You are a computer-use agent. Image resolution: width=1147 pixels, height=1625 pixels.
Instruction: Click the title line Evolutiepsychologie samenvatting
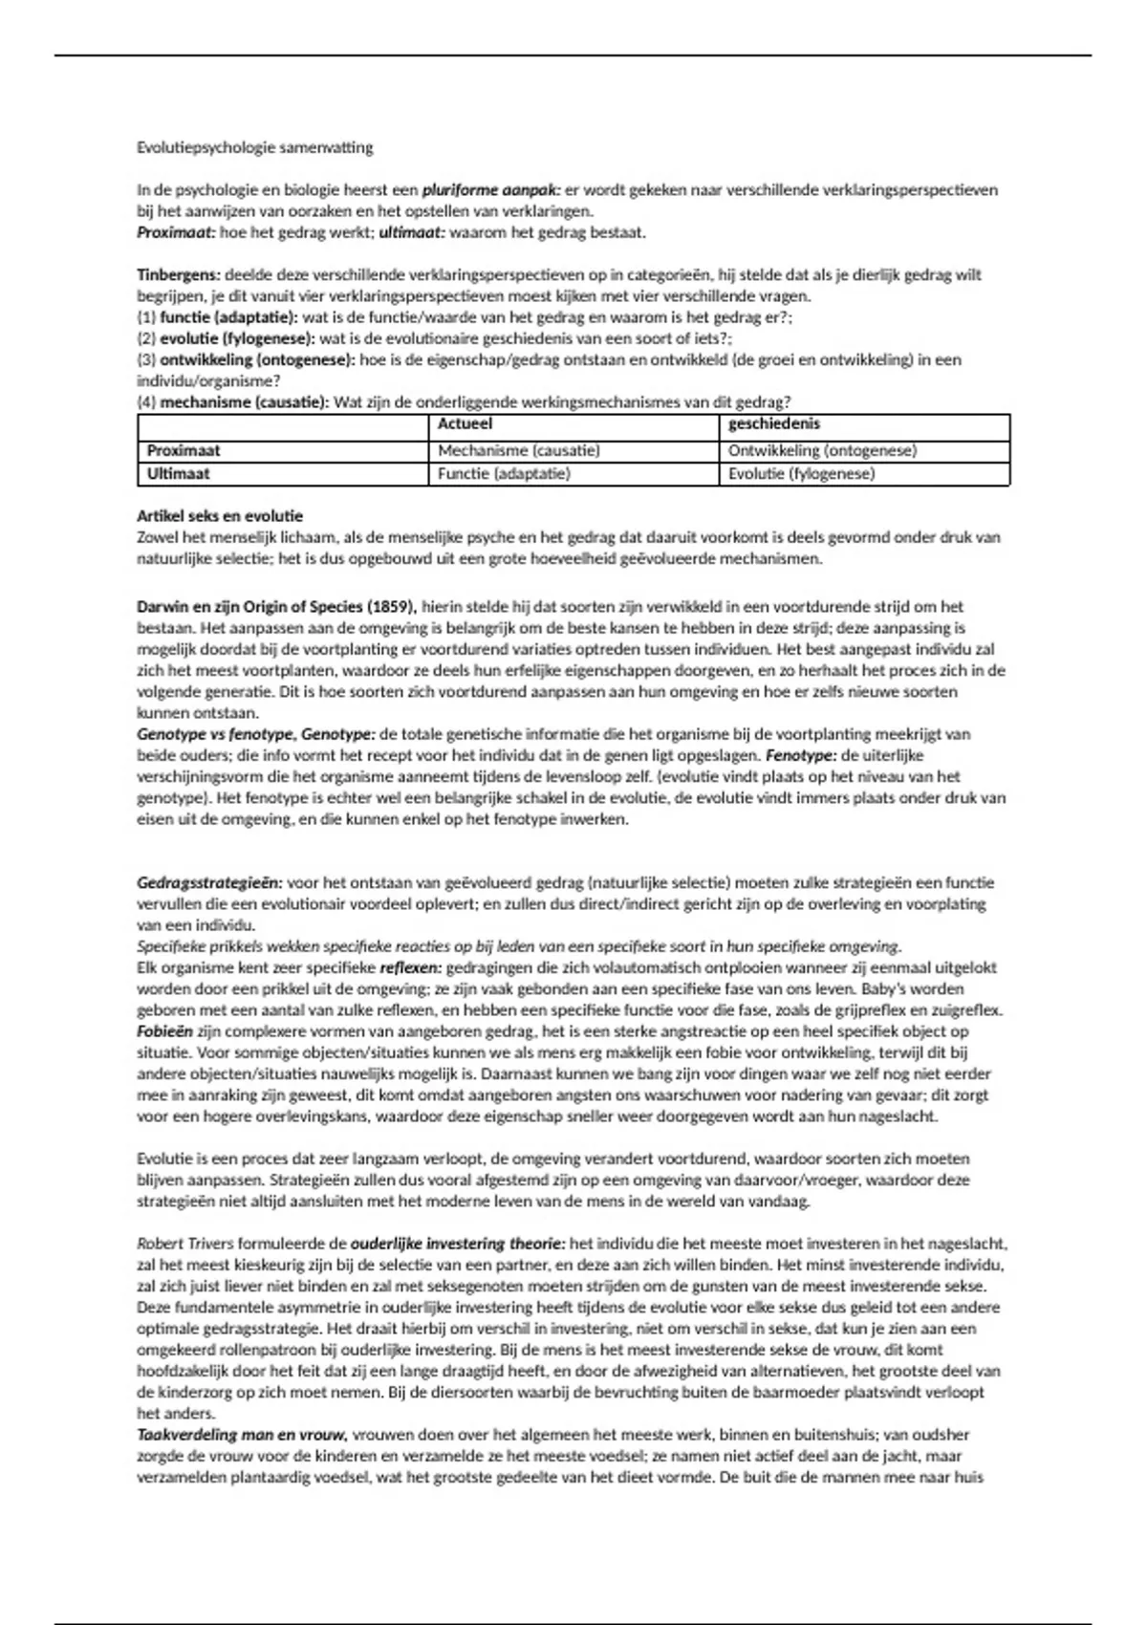pos(254,148)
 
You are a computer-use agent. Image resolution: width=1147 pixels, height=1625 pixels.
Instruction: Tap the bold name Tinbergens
pos(179,275)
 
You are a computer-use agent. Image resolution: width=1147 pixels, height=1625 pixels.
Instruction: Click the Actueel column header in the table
pos(465,424)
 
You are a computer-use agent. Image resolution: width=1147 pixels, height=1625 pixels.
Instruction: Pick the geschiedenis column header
pos(774,424)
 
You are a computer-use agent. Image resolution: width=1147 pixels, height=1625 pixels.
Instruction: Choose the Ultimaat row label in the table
pos(179,474)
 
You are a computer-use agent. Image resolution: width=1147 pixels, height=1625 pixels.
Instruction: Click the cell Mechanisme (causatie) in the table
pos(519,450)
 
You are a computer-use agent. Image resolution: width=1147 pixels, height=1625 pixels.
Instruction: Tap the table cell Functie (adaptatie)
pos(504,474)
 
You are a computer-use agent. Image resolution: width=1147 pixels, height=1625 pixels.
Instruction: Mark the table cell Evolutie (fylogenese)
pos(801,474)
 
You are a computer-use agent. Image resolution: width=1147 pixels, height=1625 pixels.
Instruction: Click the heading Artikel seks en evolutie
pos(220,516)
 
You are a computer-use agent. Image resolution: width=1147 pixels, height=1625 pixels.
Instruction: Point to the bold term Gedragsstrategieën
pos(209,883)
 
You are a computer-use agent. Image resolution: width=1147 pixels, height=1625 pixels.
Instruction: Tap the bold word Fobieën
pos(164,1031)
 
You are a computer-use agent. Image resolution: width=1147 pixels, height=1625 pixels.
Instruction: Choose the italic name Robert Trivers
pos(185,1245)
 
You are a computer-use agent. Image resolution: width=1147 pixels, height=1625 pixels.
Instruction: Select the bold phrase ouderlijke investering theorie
pos(458,1245)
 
